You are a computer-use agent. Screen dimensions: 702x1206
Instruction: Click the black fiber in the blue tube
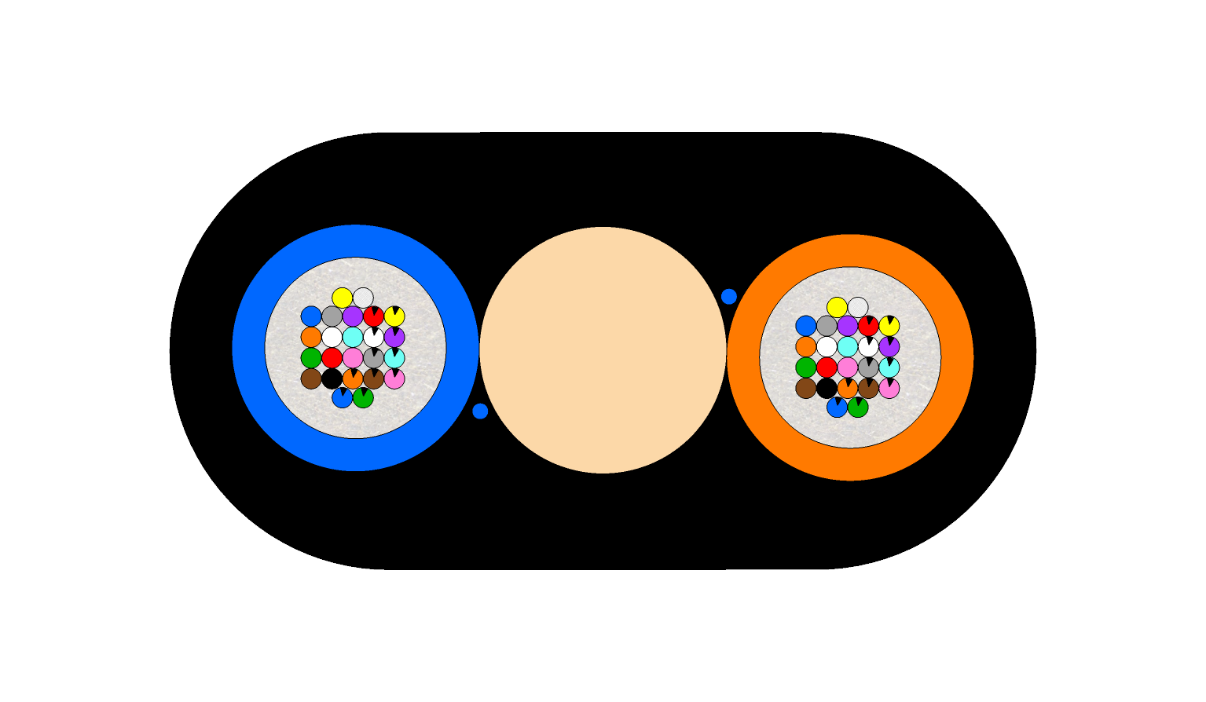click(332, 378)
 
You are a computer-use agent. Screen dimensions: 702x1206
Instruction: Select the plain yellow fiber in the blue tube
click(343, 298)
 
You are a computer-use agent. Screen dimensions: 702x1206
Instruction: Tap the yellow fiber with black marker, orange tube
click(889, 326)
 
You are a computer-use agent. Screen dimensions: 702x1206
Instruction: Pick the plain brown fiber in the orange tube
click(806, 388)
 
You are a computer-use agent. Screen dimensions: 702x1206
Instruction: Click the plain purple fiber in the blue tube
click(353, 316)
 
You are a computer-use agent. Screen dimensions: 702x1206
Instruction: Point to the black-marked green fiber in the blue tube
click(363, 398)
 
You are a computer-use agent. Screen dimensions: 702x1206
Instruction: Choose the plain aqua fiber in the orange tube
click(848, 346)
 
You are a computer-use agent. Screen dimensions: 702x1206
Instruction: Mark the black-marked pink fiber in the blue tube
click(394, 378)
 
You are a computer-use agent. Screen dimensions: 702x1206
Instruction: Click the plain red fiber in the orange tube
click(827, 367)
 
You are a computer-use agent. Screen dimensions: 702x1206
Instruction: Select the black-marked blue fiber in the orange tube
click(838, 408)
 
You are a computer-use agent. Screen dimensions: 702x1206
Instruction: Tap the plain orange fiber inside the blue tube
click(311, 337)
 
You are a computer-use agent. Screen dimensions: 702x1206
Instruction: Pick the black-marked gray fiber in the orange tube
click(868, 367)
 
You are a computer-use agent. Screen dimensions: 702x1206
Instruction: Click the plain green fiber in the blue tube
click(311, 358)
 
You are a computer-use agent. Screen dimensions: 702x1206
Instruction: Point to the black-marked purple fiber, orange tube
click(889, 346)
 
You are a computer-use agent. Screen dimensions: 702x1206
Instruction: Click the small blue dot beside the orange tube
click(729, 296)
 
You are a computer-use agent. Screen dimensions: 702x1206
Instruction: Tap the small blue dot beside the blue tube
click(480, 411)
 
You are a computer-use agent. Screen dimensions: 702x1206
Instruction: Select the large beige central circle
click(603, 350)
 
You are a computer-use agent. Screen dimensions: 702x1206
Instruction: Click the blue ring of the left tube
click(249, 348)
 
